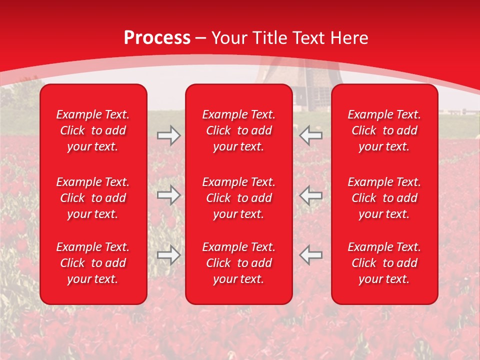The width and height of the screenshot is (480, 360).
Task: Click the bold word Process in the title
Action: (157, 38)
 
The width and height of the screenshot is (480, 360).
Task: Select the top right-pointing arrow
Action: (169, 135)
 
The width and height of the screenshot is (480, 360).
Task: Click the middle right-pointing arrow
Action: (169, 195)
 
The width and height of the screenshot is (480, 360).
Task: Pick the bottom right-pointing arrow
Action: (169, 255)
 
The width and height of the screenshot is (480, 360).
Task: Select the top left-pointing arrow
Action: (311, 135)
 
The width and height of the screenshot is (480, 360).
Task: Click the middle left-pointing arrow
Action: (311, 195)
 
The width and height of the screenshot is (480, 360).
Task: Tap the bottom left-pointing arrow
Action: (311, 255)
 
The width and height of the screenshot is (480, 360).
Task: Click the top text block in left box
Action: (93, 130)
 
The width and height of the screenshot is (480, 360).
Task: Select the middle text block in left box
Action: (93, 198)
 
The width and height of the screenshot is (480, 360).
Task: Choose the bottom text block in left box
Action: (93, 263)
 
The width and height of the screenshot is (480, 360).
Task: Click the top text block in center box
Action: (238, 130)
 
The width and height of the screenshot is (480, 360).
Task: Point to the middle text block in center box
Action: (238, 198)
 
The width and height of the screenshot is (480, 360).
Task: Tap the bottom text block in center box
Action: (238, 263)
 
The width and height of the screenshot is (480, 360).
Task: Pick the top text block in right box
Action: (384, 130)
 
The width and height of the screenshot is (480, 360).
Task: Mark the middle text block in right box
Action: (384, 198)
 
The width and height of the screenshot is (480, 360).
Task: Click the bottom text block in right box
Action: (384, 263)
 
